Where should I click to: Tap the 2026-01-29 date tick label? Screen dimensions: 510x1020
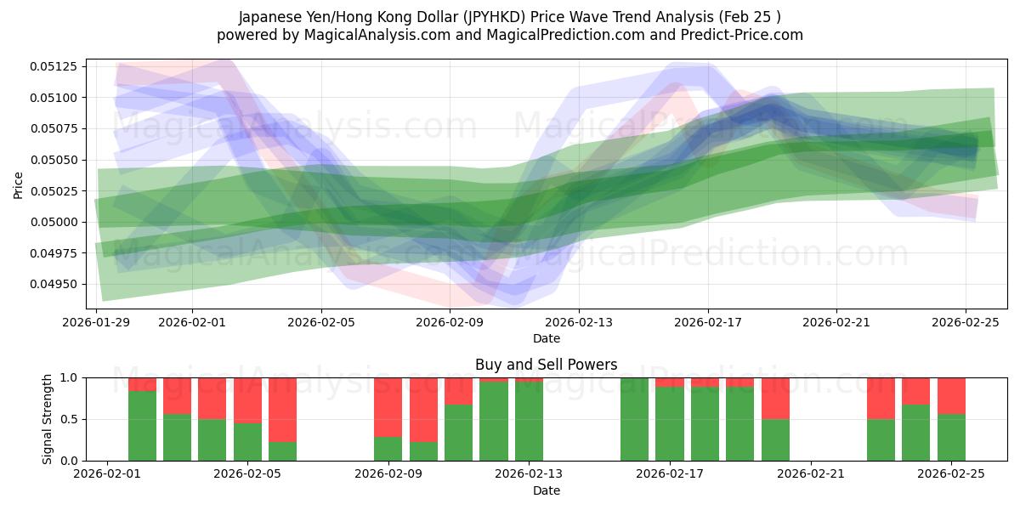[x=96, y=322]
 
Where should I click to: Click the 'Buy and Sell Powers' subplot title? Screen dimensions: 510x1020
[x=546, y=365]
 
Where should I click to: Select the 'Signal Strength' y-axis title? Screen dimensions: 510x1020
[x=48, y=419]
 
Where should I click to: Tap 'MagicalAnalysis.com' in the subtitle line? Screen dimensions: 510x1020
[x=369, y=35]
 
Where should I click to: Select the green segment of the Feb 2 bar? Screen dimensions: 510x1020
[x=142, y=425]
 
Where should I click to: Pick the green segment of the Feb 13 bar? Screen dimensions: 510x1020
[x=529, y=421]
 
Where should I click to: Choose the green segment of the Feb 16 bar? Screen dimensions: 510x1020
[x=634, y=419]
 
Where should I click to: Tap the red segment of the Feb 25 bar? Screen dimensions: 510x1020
[x=951, y=395]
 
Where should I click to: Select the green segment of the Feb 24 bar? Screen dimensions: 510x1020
[x=915, y=433]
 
